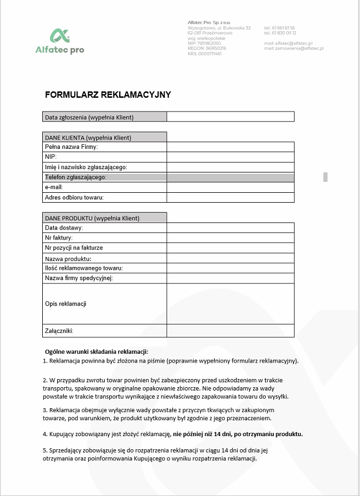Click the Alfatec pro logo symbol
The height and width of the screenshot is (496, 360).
pos(59,36)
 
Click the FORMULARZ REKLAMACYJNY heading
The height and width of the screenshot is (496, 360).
pos(108,94)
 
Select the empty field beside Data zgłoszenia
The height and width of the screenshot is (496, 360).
pos(230,116)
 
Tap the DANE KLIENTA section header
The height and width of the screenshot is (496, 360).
pos(88,137)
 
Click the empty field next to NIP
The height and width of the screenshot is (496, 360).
pos(230,157)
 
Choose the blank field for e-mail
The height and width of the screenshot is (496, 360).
pos(230,187)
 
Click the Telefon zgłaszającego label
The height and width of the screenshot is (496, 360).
pos(75,177)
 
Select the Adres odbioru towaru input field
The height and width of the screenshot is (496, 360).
pos(230,197)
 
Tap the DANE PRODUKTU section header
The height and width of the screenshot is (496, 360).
pos(92,218)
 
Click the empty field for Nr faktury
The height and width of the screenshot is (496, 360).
pos(230,238)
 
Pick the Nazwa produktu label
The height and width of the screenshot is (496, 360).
pos(68,258)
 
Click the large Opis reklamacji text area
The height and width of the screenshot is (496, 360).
pos(230,304)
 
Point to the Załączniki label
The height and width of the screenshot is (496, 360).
pos(59,331)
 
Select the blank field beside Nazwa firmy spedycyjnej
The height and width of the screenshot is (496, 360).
pos(230,278)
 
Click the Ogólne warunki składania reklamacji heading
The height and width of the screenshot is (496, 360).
pos(97,352)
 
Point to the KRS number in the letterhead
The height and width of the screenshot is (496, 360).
pos(205,54)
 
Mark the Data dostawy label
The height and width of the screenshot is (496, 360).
pos(64,227)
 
